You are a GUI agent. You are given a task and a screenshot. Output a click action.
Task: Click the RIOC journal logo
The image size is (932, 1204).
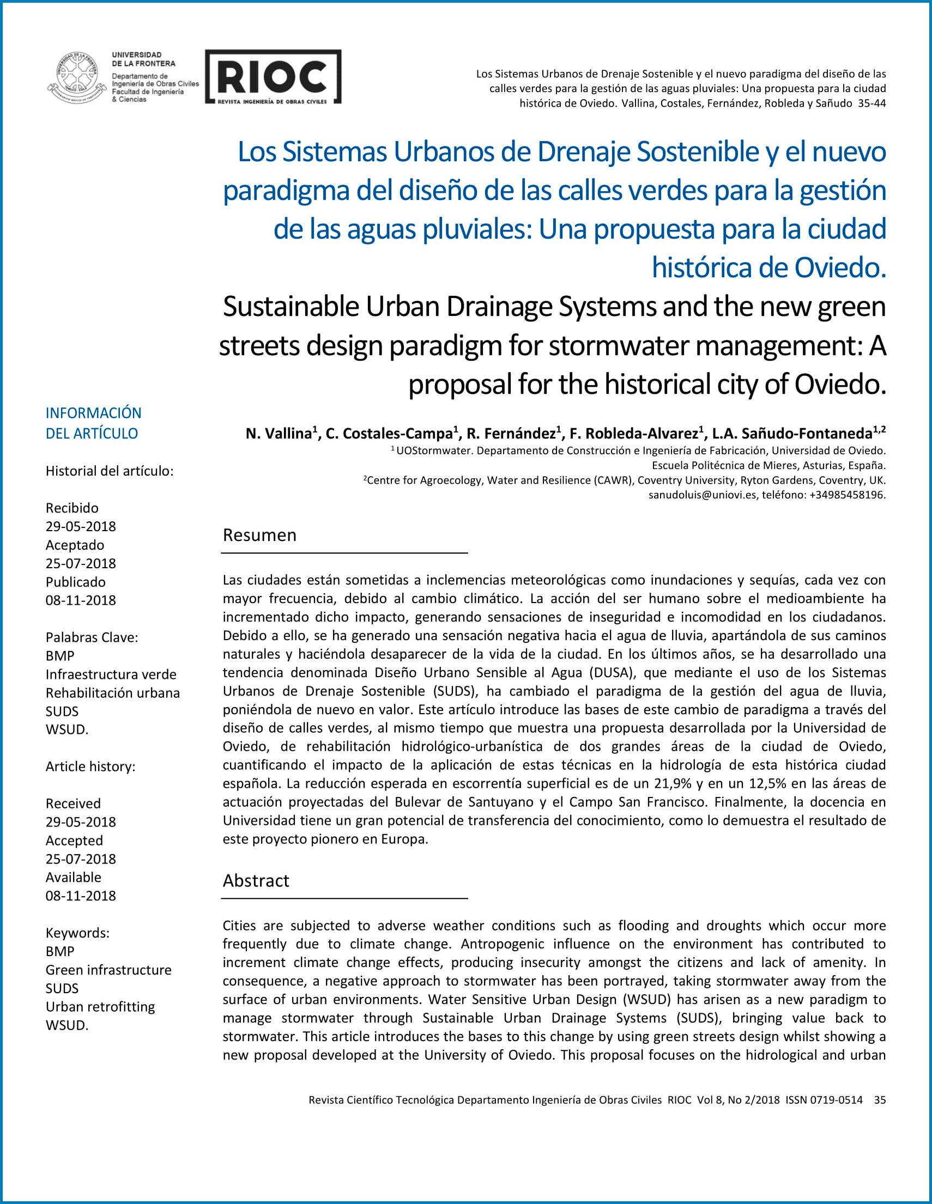pos(273,77)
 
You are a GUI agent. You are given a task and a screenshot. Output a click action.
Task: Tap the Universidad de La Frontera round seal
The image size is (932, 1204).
pos(77,77)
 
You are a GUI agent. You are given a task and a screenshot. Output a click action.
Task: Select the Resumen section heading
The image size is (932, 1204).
pos(259,536)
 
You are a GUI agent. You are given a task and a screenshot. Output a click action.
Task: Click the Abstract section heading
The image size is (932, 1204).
pos(255,880)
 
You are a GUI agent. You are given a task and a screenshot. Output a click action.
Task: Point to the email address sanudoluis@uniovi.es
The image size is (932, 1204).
pos(702,495)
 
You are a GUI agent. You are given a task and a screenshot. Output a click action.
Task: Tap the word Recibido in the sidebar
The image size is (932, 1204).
pos(72,508)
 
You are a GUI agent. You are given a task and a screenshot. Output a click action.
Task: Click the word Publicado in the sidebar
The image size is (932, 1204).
pos(76,582)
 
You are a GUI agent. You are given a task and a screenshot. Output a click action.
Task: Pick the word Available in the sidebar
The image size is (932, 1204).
pos(74,877)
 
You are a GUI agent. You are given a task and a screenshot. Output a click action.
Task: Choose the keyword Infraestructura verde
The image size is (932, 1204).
pos(111,674)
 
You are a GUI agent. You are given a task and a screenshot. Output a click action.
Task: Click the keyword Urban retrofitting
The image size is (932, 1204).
pos(100,1007)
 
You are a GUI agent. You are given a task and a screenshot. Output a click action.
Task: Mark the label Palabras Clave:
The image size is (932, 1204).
pos(92,637)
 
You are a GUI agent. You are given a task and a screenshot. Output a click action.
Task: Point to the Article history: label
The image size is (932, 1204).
pos(90,767)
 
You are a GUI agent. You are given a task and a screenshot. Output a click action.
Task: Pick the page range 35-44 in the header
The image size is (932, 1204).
pos(872,103)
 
